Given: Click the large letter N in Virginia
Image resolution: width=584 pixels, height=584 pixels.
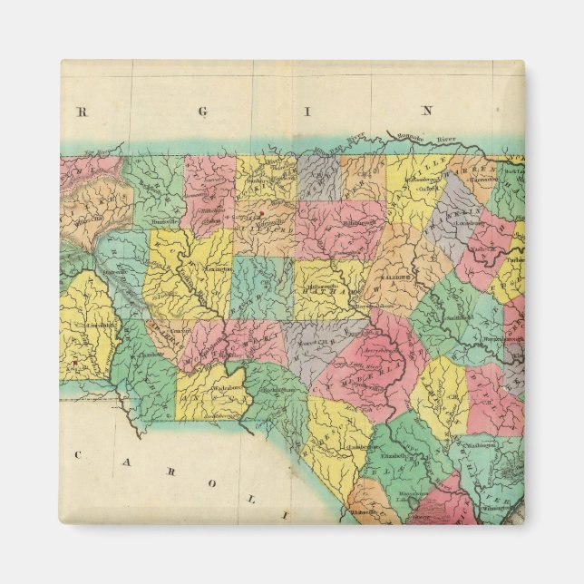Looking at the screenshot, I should (433, 112).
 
